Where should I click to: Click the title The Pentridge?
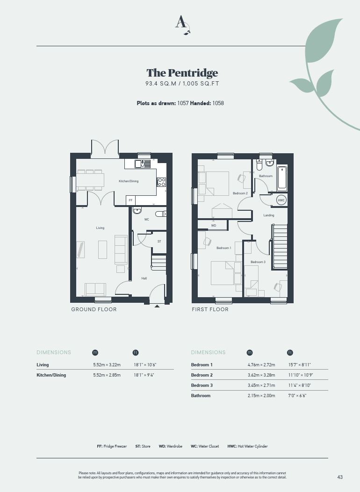[x=182, y=73]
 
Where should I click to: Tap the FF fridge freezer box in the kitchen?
[x=130, y=200]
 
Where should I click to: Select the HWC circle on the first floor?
[x=281, y=200]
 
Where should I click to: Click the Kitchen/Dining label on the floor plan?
[x=129, y=181]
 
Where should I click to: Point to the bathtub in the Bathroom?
[x=282, y=178]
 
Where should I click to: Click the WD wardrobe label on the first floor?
[x=213, y=226]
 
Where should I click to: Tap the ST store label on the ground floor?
[x=159, y=241]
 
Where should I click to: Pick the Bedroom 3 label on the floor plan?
[x=258, y=262]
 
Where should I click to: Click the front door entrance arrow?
[x=157, y=306]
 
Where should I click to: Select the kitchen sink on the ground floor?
[x=143, y=164]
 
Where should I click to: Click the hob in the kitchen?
[x=161, y=182]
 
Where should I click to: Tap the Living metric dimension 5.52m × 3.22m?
[x=107, y=365]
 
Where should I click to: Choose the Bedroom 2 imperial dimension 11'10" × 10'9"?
[x=300, y=375]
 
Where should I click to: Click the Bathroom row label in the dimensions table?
[x=201, y=396]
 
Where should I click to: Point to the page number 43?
[x=340, y=477]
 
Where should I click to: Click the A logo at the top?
[x=182, y=24]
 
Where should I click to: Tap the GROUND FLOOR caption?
[x=94, y=309]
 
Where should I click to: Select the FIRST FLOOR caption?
[x=210, y=309]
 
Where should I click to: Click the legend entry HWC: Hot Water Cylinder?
[x=247, y=446]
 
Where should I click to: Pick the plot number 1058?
[x=218, y=103]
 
